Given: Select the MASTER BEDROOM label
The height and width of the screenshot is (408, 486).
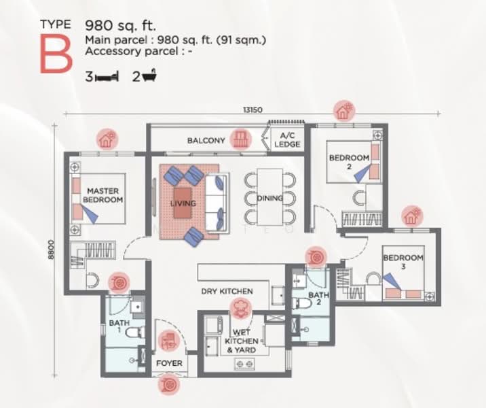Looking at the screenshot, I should [x=103, y=196].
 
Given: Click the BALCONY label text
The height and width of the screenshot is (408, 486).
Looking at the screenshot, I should [x=206, y=141].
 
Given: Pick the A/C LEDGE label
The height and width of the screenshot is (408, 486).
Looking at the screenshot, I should [x=287, y=140].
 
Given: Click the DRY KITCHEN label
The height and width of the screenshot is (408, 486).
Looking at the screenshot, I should [x=227, y=291].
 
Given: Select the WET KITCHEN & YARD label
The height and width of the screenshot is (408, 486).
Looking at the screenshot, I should [x=242, y=345].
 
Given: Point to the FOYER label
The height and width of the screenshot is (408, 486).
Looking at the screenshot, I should [x=169, y=363].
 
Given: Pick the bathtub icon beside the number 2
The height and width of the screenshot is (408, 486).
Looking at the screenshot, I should [x=151, y=76].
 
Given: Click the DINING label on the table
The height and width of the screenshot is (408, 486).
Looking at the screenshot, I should [x=269, y=199].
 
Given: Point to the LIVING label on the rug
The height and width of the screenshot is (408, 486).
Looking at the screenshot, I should [x=183, y=203].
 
